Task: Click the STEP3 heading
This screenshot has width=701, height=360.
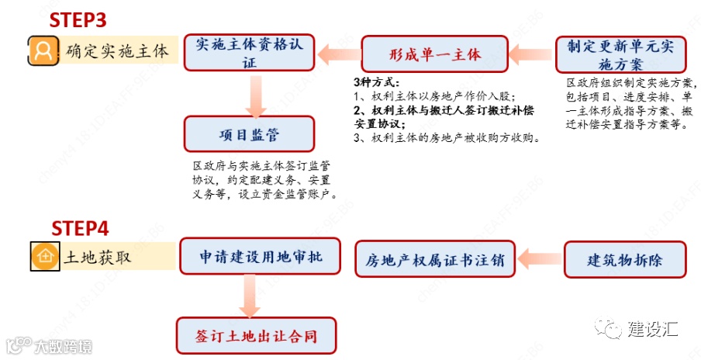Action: coord(78,19)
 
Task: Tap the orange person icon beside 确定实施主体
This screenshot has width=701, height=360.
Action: coord(44,51)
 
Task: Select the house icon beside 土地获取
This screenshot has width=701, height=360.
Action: coord(44,256)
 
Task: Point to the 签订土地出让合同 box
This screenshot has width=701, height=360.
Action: coord(256,336)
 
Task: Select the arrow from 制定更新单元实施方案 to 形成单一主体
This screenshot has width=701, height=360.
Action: coord(531,54)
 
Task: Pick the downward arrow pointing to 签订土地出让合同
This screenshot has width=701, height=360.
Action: coord(250,296)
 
